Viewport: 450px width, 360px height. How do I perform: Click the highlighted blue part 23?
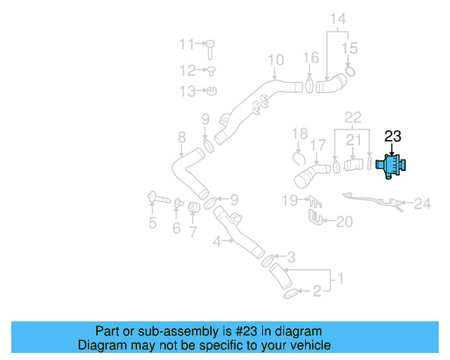coord(391,166)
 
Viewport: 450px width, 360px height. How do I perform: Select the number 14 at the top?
coord(338,19)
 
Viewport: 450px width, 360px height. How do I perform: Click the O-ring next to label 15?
coord(349,71)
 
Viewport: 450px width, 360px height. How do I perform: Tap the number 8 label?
coord(181,136)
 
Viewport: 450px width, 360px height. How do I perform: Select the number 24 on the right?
coord(422,204)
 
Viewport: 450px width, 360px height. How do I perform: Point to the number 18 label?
coord(300,133)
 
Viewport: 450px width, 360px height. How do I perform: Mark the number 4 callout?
coord(217,241)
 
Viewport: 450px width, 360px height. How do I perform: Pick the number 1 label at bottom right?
coord(342,279)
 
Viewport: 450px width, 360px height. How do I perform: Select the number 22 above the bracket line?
coord(352,117)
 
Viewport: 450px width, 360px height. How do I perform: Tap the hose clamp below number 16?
coord(309,86)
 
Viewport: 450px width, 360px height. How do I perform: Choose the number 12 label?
coord(186,70)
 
